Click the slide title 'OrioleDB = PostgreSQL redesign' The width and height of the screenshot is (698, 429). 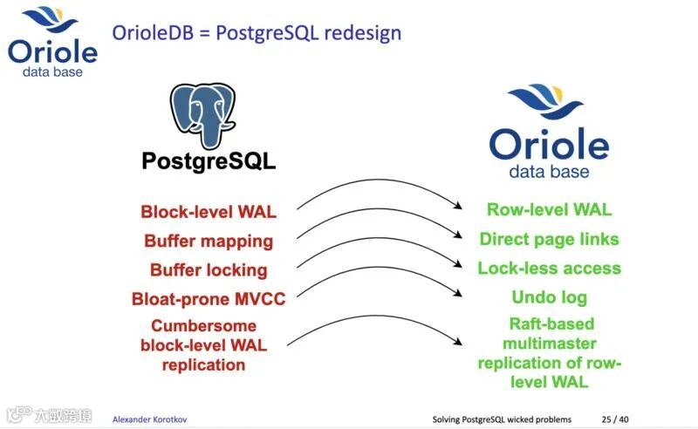point(257,34)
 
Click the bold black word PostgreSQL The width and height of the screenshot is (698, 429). point(209,160)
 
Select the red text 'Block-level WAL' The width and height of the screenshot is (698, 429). point(209,211)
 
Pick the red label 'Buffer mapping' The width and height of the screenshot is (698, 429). point(209,241)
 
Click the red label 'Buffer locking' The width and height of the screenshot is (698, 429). point(209,269)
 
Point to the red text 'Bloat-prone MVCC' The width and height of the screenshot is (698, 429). point(209,298)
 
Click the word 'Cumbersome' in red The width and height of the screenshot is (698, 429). point(203,325)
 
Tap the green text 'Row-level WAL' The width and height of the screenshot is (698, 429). point(549,209)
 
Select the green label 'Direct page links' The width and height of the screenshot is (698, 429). point(549,239)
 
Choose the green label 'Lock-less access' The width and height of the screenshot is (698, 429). point(549,268)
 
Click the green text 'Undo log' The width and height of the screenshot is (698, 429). point(549,297)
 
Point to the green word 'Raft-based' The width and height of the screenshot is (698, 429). point(550,323)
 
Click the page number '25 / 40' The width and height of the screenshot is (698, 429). point(614,419)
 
